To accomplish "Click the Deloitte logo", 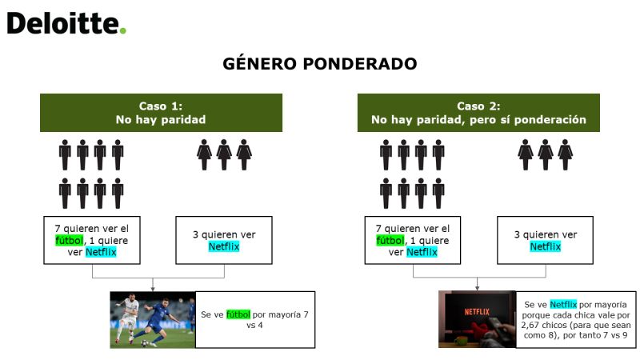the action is click(66, 23).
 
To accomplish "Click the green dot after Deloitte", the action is click(123, 30).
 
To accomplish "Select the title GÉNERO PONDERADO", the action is click(320, 64).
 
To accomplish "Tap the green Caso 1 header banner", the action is click(162, 113).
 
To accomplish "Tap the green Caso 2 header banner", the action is click(478, 113).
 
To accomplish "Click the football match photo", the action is click(153, 319).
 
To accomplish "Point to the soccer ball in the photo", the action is click(145, 343).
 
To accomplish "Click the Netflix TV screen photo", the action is click(477, 319).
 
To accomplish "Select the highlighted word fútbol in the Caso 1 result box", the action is click(238, 314).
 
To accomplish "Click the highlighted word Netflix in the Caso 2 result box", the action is click(563, 305).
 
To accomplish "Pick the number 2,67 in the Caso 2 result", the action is click(530, 325).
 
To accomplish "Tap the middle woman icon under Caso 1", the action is click(224, 154).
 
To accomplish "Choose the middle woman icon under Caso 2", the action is click(546, 154).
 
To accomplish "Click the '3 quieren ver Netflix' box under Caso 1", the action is click(224, 241).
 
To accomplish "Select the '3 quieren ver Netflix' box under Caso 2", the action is click(545, 241).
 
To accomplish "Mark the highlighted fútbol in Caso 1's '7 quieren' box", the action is click(70, 241).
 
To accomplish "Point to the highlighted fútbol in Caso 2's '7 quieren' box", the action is click(390, 241).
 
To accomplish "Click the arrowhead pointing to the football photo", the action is click(153, 289).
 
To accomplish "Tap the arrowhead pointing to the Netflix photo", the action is click(477, 288).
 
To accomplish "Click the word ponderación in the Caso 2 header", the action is click(550, 119).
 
